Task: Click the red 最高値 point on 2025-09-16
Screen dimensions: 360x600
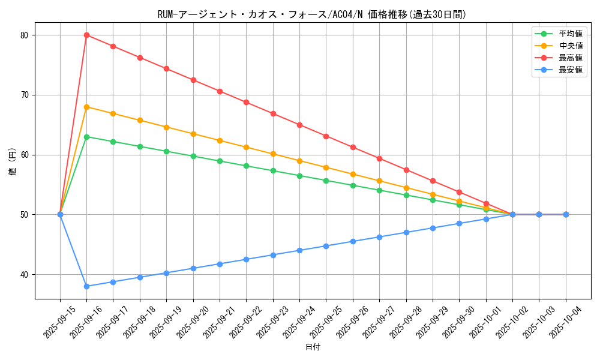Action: (86, 35)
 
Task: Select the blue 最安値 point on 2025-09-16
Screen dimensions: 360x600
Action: (86, 286)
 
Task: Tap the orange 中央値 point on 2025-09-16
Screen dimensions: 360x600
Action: (86, 107)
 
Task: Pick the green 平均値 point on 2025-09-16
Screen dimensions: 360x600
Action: (86, 137)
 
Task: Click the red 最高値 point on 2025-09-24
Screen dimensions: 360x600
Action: (299, 125)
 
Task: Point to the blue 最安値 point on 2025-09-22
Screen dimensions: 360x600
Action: (246, 259)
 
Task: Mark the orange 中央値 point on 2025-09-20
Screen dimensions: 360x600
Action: (193, 134)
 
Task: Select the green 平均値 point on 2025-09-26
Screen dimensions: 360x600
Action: (353, 185)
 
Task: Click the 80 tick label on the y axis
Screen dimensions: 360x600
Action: (24, 35)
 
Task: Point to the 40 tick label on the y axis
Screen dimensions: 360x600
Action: (24, 274)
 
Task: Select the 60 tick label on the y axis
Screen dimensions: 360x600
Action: (24, 155)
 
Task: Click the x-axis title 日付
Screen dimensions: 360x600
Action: (313, 347)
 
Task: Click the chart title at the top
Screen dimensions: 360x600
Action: (313, 14)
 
